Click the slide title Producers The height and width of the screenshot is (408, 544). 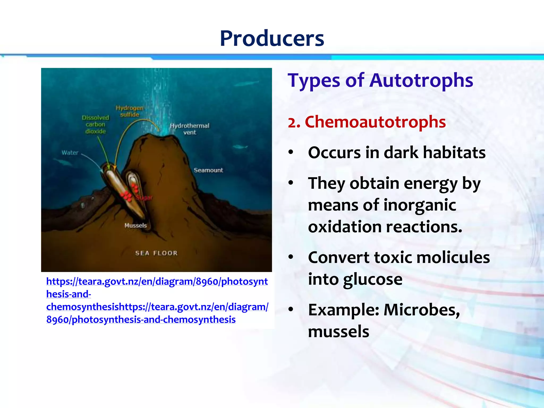[272, 39]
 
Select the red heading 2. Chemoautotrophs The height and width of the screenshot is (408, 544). [367, 122]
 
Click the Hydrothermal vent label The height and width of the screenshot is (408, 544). [189, 129]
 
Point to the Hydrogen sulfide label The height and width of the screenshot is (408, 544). [130, 111]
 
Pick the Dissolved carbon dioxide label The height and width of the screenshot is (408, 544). [95, 124]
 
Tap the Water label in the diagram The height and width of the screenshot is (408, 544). [70, 153]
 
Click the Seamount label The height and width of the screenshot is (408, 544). [208, 170]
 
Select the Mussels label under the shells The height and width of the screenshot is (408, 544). [135, 226]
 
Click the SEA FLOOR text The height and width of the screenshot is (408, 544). [156, 253]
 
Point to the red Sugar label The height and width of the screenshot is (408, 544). [144, 198]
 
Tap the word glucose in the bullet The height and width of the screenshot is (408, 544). [372, 280]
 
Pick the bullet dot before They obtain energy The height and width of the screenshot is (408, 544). [291, 183]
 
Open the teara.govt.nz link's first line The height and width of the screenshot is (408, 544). [157, 281]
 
